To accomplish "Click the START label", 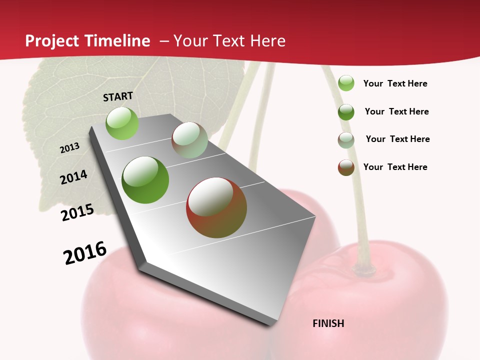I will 118,96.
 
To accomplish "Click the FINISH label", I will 328,323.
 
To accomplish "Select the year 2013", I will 69,148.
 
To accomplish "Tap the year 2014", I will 73,177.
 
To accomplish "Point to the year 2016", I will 85,252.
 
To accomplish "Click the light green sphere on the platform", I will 122,123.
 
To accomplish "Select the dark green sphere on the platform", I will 145,180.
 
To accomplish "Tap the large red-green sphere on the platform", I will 216,207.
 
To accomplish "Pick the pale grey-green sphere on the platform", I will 189,140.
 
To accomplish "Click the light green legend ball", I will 346,83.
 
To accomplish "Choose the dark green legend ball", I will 346,112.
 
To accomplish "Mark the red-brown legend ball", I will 346,167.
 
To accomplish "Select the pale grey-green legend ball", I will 346,140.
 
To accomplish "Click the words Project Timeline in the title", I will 87,41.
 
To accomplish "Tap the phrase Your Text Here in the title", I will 229,41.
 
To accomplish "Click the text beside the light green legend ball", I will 395,83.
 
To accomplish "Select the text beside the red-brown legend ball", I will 395,167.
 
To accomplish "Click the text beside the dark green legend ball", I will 396,111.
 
